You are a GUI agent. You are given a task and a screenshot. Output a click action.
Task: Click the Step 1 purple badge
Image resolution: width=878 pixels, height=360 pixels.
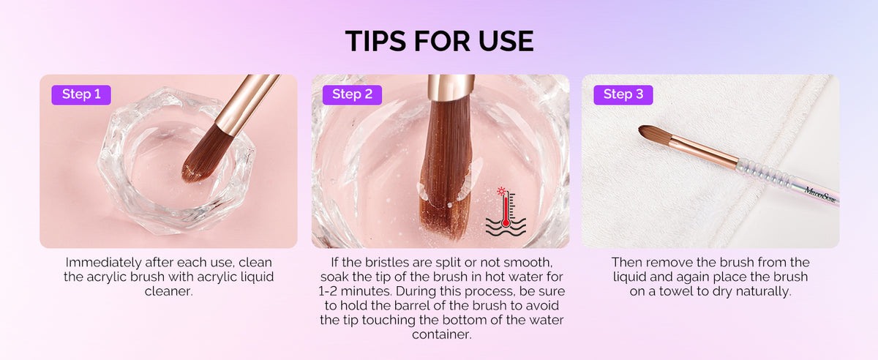(x=81, y=94)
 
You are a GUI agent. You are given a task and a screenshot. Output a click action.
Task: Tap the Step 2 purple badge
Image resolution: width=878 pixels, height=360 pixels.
(x=352, y=94)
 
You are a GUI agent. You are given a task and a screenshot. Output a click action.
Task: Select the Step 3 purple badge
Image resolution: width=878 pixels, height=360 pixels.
(x=623, y=94)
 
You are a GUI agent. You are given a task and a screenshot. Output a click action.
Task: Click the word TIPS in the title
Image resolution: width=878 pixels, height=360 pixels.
(x=375, y=41)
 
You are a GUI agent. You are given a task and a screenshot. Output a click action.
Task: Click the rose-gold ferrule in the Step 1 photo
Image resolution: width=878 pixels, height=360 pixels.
(x=248, y=105)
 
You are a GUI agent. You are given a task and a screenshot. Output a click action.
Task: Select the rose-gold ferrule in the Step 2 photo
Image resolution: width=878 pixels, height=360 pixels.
(x=451, y=86)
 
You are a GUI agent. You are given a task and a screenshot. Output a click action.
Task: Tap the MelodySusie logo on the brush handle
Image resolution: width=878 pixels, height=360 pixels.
(x=820, y=195)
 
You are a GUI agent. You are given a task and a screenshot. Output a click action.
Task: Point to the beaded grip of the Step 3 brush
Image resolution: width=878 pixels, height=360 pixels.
(x=765, y=173)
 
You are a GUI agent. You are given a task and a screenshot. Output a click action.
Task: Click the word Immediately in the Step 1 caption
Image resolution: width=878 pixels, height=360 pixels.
(x=103, y=263)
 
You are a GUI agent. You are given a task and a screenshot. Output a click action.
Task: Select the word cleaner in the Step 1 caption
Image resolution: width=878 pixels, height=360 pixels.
(x=168, y=291)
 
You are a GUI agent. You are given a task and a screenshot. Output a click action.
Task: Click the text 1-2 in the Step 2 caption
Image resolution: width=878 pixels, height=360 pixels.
(x=328, y=291)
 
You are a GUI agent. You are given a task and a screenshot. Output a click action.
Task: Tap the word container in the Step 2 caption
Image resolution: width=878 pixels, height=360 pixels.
(x=441, y=334)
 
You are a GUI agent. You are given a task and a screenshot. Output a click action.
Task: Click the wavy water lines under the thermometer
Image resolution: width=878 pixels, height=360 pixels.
(x=506, y=227)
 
